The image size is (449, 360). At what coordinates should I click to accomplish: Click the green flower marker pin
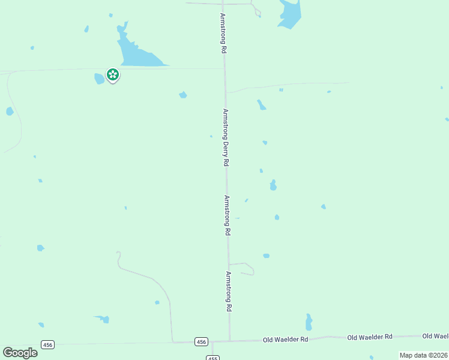coord(112,74)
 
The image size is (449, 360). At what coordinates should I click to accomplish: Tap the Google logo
coord(20,353)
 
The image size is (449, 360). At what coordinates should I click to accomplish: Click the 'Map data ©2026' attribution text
coord(423,355)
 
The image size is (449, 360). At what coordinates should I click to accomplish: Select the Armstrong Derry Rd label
coord(226,137)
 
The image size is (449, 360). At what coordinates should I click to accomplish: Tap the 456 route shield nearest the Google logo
coord(48,344)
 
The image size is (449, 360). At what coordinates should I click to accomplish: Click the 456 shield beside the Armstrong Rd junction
coord(201,341)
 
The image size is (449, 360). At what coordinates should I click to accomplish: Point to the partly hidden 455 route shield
coord(212,358)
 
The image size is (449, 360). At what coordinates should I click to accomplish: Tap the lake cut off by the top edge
coord(289,13)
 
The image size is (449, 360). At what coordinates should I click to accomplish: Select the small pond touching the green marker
coord(99,79)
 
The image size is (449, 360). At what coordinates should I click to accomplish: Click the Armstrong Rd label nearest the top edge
coord(223,34)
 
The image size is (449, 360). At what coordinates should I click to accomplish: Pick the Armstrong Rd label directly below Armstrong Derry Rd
coord(228,215)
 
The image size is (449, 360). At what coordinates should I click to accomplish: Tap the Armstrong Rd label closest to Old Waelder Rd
coord(229,291)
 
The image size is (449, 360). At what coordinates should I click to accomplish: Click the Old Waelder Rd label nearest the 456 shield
coord(285,339)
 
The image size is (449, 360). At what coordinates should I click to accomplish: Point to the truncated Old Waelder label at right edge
coord(436,336)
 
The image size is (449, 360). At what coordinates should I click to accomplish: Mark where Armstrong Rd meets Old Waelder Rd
coord(229,341)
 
